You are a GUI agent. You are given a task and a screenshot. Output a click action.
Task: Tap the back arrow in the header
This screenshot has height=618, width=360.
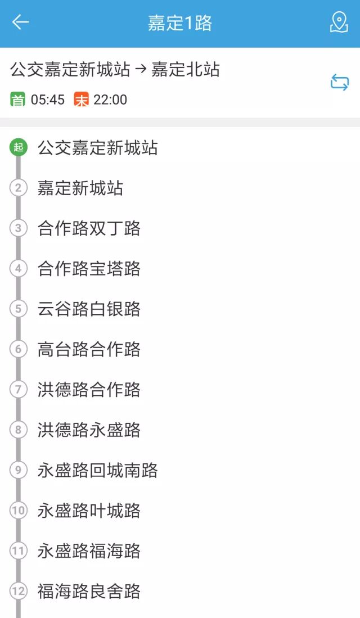[x=20, y=22]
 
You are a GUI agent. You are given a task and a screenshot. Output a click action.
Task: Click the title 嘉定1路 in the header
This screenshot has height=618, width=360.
[x=180, y=23]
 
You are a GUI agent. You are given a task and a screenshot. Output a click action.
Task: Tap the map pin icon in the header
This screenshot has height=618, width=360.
[x=339, y=22]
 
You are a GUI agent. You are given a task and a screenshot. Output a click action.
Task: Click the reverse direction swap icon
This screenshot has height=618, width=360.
[x=339, y=83]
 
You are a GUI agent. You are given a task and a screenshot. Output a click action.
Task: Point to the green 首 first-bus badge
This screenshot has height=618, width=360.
[x=18, y=100]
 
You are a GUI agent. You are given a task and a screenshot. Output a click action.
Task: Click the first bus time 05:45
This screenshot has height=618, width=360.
[x=48, y=100]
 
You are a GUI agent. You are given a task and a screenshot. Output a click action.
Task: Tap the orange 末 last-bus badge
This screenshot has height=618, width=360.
[x=82, y=100]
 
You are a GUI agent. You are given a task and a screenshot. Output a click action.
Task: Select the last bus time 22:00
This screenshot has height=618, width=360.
[x=110, y=100]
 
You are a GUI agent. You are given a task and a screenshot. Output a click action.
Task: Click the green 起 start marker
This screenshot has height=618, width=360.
[x=19, y=148]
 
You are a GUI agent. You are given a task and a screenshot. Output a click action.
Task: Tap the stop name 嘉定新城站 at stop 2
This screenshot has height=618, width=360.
[x=80, y=188]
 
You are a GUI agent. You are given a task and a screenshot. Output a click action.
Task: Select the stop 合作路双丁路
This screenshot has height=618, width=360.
[x=89, y=228]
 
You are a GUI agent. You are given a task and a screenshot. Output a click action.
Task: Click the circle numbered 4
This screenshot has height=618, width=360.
[x=19, y=269]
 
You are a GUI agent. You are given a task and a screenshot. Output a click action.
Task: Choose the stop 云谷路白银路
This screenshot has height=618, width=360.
[x=89, y=309]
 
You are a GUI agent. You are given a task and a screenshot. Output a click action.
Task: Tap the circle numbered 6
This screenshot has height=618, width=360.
[x=19, y=349]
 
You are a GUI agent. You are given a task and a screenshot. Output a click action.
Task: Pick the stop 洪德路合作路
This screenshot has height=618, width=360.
[x=89, y=390]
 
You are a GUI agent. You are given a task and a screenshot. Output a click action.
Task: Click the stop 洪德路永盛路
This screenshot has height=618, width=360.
[x=89, y=430]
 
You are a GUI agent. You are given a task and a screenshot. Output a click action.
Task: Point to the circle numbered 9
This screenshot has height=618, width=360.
[x=19, y=470]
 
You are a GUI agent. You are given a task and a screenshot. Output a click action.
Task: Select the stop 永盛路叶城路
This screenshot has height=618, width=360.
[x=89, y=511]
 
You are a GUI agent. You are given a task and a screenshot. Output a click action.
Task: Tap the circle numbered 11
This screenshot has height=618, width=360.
[x=19, y=551]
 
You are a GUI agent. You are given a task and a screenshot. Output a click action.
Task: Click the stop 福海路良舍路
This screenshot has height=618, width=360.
[x=89, y=591]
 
